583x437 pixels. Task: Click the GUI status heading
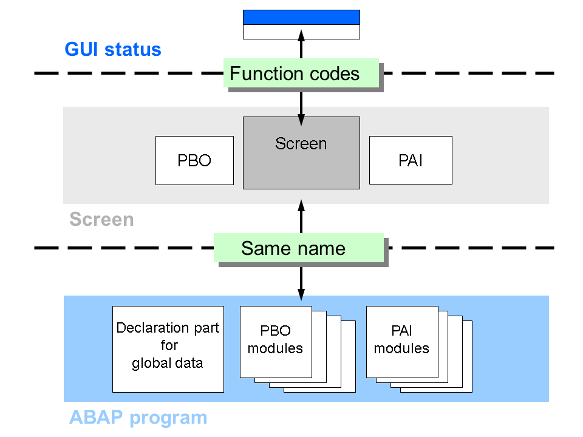click(113, 49)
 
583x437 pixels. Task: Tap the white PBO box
click(194, 160)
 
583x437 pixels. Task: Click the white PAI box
click(411, 160)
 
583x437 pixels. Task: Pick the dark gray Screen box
click(301, 161)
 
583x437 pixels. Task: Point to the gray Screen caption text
click(101, 219)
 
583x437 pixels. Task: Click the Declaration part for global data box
click(168, 348)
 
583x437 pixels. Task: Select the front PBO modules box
click(276, 341)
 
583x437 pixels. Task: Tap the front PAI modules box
click(402, 341)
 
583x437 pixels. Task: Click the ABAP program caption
click(138, 418)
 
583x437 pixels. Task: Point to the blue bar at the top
click(301, 17)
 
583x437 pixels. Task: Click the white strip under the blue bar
click(301, 32)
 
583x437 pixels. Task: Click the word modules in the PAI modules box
click(401, 348)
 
